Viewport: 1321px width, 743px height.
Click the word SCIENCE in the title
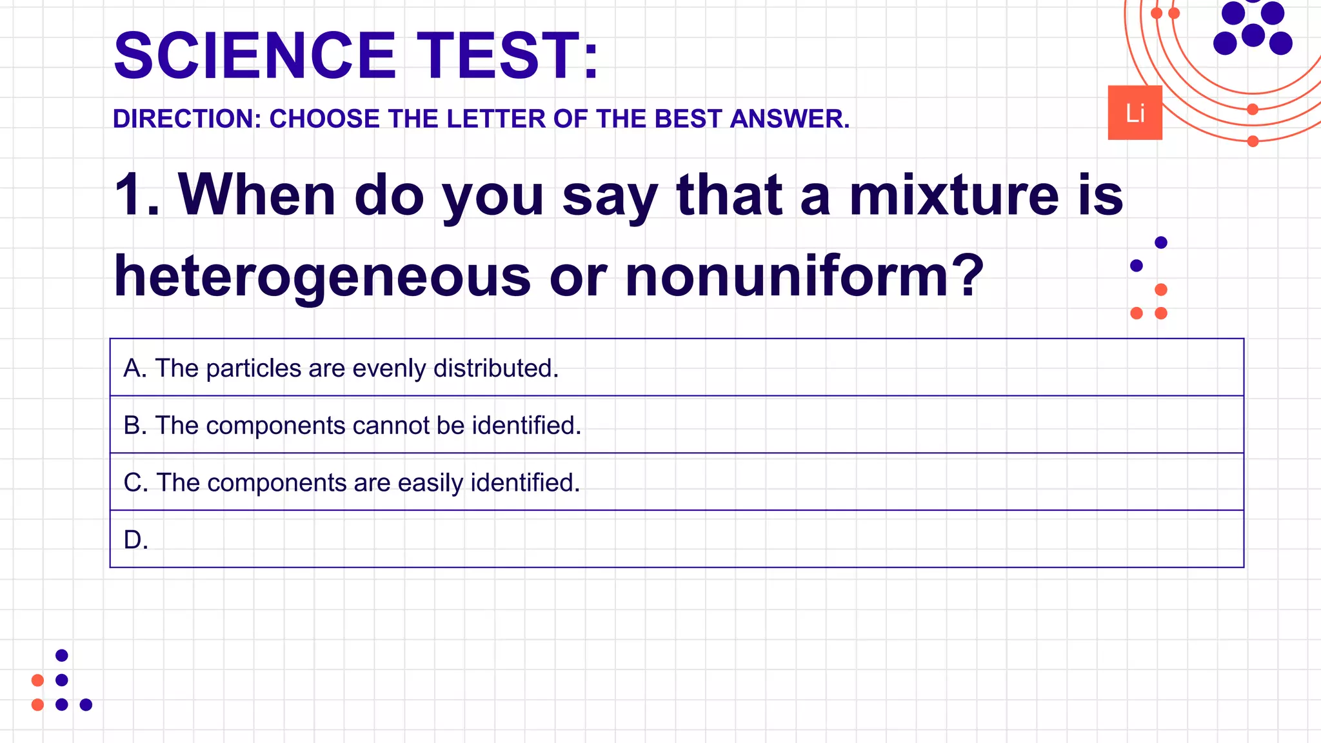(x=254, y=56)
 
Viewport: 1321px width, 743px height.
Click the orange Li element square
(x=1135, y=113)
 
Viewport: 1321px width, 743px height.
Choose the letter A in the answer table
(x=133, y=368)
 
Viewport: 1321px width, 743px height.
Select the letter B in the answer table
(x=133, y=426)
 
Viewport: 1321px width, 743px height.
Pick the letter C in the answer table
(x=134, y=483)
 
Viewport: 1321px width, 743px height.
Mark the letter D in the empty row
(x=134, y=540)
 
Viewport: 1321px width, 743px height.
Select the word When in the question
(x=257, y=195)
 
